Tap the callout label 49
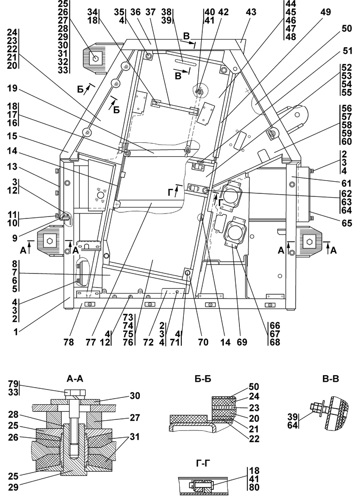coord(326,13)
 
